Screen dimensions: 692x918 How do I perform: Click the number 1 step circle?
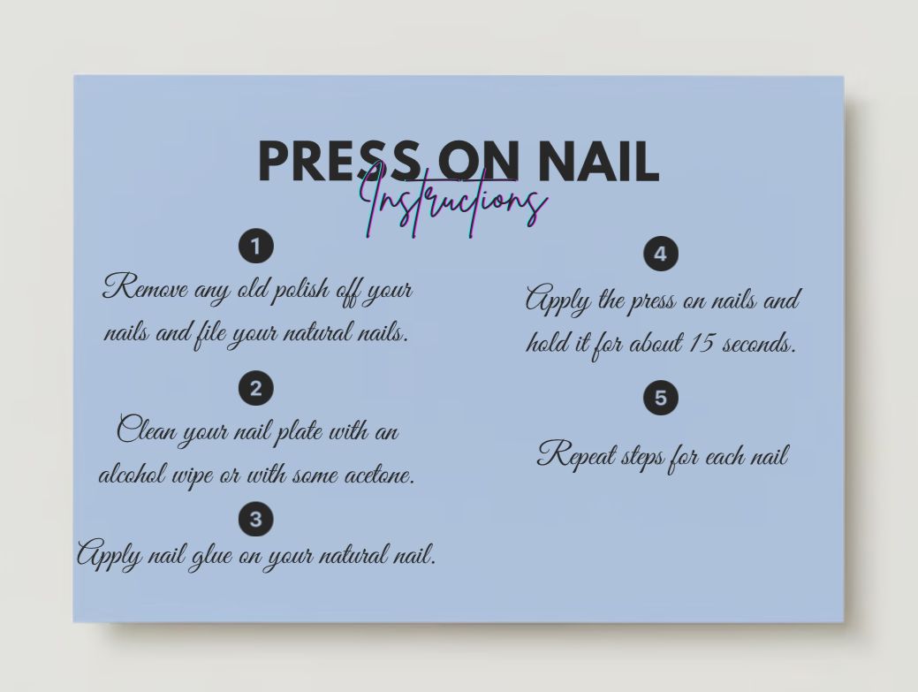click(x=256, y=246)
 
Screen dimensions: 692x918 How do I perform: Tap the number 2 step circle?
click(x=256, y=388)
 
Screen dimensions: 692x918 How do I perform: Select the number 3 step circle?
click(x=256, y=519)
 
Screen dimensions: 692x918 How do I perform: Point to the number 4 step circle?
click(x=660, y=255)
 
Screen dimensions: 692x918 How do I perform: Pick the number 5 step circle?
click(x=660, y=398)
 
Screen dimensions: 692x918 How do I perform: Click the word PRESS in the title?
click(x=338, y=161)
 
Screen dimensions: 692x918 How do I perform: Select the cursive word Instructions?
click(x=454, y=202)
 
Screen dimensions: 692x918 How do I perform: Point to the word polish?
click(x=301, y=291)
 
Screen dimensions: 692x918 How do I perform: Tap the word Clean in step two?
click(x=145, y=431)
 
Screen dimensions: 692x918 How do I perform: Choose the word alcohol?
click(x=129, y=475)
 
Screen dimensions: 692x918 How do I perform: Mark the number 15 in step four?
click(x=700, y=342)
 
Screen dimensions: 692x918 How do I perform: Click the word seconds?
click(x=760, y=343)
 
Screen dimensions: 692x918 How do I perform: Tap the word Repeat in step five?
click(x=575, y=456)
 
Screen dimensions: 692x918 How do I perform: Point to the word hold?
click(x=547, y=343)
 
